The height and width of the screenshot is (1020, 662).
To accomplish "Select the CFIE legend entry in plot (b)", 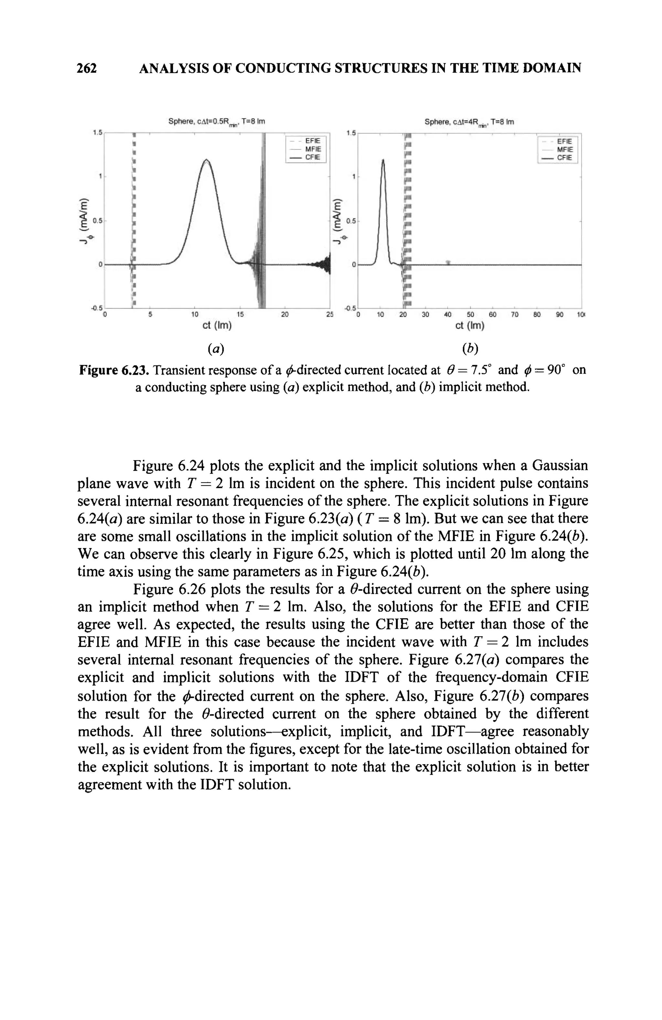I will pyautogui.click(x=564, y=158).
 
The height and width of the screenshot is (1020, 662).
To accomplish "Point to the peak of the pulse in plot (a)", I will pyautogui.click(x=207, y=160).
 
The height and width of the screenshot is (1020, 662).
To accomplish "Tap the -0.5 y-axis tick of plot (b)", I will pyautogui.click(x=350, y=309).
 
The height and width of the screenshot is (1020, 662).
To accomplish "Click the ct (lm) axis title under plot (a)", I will pyautogui.click(x=217, y=326).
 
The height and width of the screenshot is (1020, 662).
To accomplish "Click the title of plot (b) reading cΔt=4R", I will pyautogui.click(x=469, y=122).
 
